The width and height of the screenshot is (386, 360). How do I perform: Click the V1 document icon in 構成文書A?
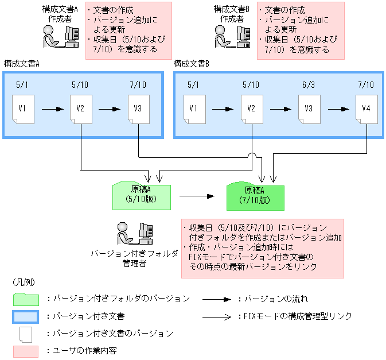tap(23, 109)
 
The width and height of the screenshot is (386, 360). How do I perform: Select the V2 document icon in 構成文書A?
tap(80, 109)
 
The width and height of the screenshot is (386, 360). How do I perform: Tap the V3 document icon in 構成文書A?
tap(138, 109)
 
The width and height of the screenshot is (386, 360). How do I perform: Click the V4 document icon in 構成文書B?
tap(366, 109)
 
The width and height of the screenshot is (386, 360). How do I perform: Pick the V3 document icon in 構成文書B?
tap(309, 109)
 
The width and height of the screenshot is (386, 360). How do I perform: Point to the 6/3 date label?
tap(309, 85)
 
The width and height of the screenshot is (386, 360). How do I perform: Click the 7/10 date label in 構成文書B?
tap(366, 85)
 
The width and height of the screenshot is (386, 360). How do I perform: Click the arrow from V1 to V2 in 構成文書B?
tap(223, 108)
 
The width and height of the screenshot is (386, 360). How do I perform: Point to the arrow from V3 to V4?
tap(337, 108)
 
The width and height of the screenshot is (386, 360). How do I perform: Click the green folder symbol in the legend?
tap(25, 299)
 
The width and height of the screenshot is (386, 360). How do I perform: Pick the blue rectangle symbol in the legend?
tap(25, 316)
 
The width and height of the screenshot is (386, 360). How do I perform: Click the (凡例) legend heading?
tap(24, 283)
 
